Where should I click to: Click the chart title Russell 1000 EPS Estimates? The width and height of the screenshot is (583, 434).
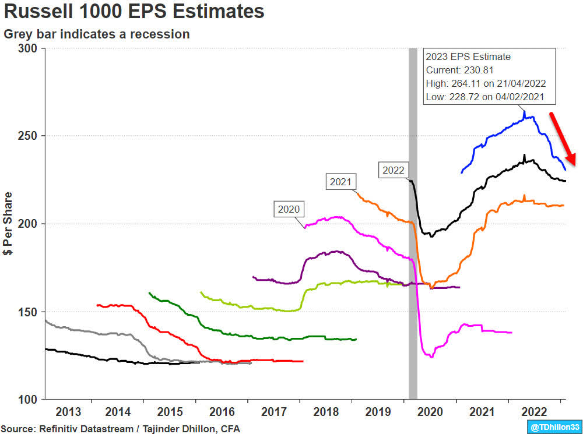coord(134,12)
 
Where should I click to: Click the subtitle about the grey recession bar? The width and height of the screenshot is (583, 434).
coord(97,34)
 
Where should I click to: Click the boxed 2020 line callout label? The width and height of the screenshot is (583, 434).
coord(289,209)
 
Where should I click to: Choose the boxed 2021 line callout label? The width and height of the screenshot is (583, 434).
coord(340,182)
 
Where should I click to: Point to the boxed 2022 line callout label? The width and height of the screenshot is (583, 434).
coord(394,170)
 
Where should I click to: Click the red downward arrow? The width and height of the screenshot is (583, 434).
coord(563,139)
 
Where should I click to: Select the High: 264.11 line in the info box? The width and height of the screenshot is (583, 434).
coord(486,83)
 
